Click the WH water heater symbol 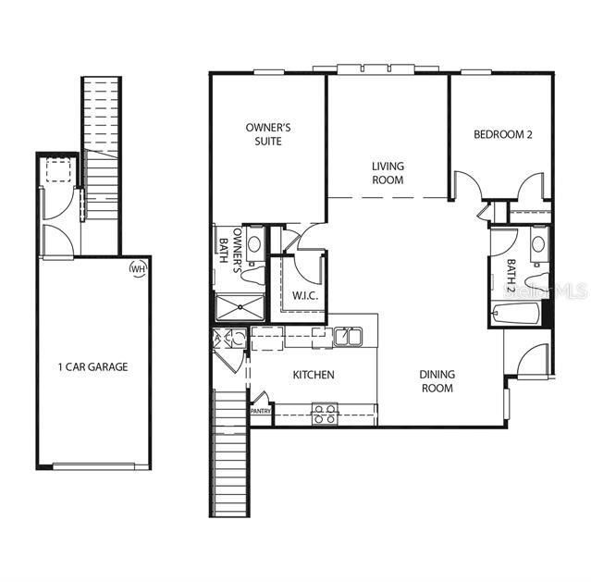click(139, 268)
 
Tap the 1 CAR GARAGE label click(92, 366)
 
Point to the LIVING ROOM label click(388, 173)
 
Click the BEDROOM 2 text click(503, 134)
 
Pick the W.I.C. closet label click(305, 296)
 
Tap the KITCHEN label click(314, 375)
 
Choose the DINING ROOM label click(437, 381)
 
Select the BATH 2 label click(511, 275)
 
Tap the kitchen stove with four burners click(325, 413)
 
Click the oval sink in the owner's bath click(253, 244)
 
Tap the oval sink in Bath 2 click(536, 246)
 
